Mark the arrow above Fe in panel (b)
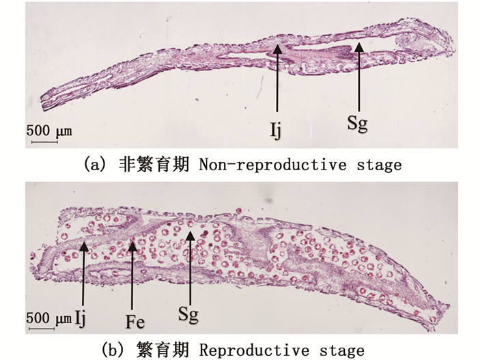click(132, 273)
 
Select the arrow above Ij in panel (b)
click(83, 273)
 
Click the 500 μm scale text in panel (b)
click(49, 318)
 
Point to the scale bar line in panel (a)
click(41, 141)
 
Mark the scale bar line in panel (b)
click(41, 329)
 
